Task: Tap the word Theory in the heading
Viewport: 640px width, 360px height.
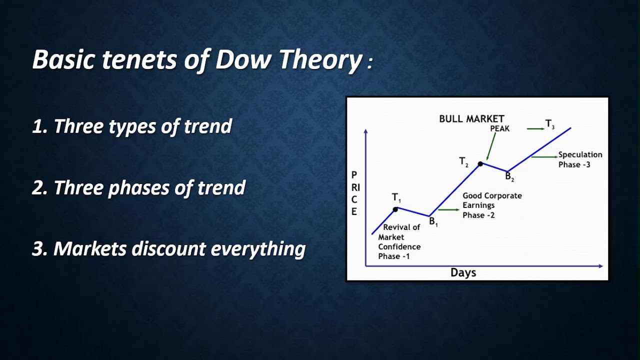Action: pyautogui.click(x=320, y=60)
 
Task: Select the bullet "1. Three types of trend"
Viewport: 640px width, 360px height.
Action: pyautogui.click(x=132, y=126)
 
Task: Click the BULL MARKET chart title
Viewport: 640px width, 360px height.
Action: pyautogui.click(x=471, y=119)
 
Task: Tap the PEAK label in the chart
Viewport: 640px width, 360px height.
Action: pyautogui.click(x=499, y=128)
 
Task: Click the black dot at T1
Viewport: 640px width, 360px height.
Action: pyautogui.click(x=395, y=209)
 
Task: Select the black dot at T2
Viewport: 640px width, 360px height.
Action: pyautogui.click(x=480, y=163)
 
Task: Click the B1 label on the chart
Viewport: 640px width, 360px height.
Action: pyautogui.click(x=433, y=222)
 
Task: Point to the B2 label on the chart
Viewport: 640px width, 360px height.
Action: pyautogui.click(x=509, y=176)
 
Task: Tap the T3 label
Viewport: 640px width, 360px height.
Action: pyautogui.click(x=549, y=124)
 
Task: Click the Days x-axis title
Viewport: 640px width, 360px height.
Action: pyautogui.click(x=463, y=272)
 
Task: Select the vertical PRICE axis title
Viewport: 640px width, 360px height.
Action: pyautogui.click(x=354, y=193)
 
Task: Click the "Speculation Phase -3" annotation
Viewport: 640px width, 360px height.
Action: pyautogui.click(x=580, y=159)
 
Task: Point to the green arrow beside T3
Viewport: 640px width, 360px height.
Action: pyautogui.click(x=535, y=128)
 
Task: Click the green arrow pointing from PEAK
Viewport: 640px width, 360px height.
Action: pyautogui.click(x=491, y=145)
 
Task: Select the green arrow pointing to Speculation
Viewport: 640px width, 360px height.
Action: pyautogui.click(x=544, y=157)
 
